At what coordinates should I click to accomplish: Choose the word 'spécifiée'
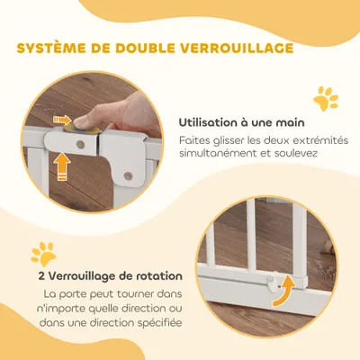click(x=151, y=322)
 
